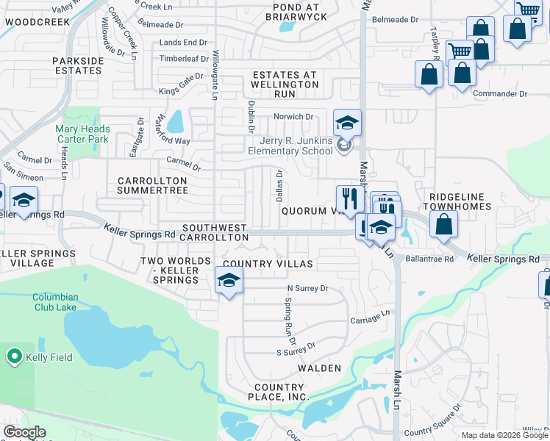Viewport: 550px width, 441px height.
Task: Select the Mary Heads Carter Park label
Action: point(82,134)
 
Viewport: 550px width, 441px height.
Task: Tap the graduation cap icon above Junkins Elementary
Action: point(348,123)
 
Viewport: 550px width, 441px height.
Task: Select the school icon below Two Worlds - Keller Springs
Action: point(229,281)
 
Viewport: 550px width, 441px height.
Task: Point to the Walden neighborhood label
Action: point(320,367)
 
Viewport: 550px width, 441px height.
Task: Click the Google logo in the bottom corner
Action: point(24,432)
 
